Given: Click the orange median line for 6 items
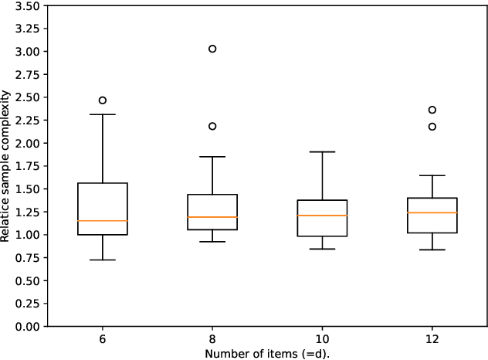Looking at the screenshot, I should coord(102,221).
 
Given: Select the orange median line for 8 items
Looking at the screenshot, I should coord(212,217).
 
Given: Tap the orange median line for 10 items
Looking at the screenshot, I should coord(322,216).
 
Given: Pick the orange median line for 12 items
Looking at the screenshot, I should coord(432,212).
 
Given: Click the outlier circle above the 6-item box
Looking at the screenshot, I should coord(102,100).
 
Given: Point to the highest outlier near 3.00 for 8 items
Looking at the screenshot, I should coord(212,49).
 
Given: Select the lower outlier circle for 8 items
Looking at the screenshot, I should coord(212,126).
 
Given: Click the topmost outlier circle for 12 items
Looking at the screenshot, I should coord(432,110).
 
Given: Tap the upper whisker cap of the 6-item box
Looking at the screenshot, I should coord(102,114).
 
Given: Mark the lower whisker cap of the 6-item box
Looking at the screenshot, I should coord(102,260).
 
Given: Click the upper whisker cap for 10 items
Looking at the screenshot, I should coord(322,152).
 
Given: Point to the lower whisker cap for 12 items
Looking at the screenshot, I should coord(432,250).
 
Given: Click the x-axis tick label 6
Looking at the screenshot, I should coord(102,339).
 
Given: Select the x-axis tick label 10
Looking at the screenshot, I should coord(322,339).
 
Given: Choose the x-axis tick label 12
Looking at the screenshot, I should coord(432,339).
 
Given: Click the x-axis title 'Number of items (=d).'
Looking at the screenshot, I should coord(266,353).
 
